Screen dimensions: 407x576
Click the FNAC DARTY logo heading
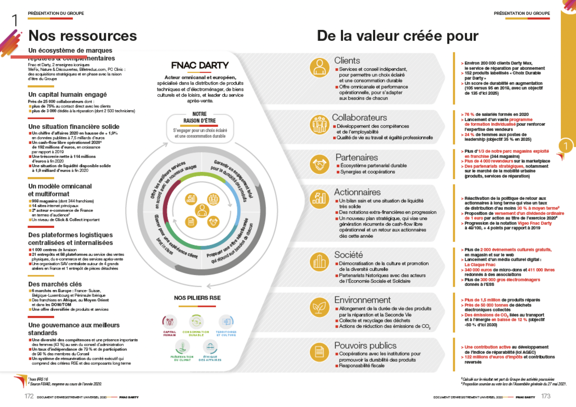(200, 66)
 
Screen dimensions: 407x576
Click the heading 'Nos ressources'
(83, 36)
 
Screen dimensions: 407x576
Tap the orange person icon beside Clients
(319, 67)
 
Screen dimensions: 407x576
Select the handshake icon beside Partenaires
(319, 164)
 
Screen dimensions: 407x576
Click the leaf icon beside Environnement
(319, 307)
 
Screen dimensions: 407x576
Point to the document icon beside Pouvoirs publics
(319, 352)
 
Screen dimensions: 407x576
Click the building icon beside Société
(319, 262)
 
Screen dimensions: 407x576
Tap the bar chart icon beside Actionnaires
(319, 199)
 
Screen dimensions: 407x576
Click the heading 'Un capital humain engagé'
(68, 94)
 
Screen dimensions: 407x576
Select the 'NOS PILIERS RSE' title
(197, 298)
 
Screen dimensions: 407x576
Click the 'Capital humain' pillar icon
(170, 322)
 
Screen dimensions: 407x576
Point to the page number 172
(29, 396)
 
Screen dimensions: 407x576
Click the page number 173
(546, 396)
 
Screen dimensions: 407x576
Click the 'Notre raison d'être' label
(200, 117)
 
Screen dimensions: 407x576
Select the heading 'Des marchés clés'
(55, 284)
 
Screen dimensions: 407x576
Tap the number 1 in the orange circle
(566, 146)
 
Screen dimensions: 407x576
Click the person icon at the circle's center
(202, 210)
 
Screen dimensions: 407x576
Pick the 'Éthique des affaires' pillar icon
(210, 347)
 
